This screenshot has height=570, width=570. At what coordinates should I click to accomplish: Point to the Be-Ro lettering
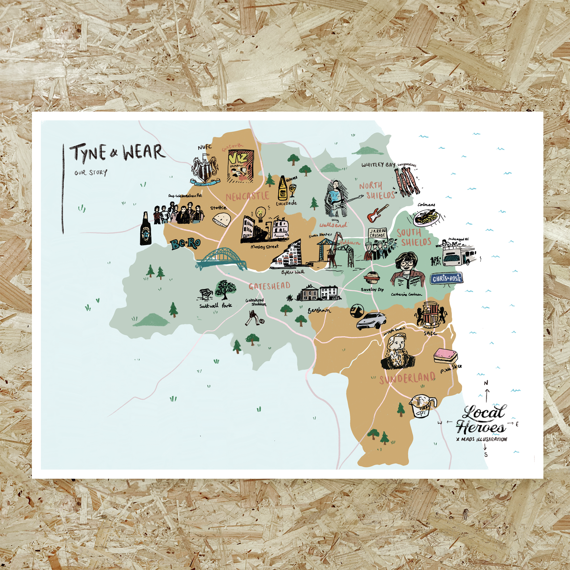point(186,244)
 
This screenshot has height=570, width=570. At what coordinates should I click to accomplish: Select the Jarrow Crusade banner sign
point(377,233)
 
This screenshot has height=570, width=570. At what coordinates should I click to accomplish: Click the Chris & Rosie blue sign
point(446,278)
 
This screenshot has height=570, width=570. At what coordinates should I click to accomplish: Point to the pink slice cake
point(445,356)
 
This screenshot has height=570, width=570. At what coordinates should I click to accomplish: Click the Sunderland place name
point(407,378)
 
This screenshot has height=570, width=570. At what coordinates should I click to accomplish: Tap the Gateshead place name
point(269,286)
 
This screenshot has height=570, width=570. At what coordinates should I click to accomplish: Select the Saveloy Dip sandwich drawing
point(372,279)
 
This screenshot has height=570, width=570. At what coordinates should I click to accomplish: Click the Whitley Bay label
point(378,165)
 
